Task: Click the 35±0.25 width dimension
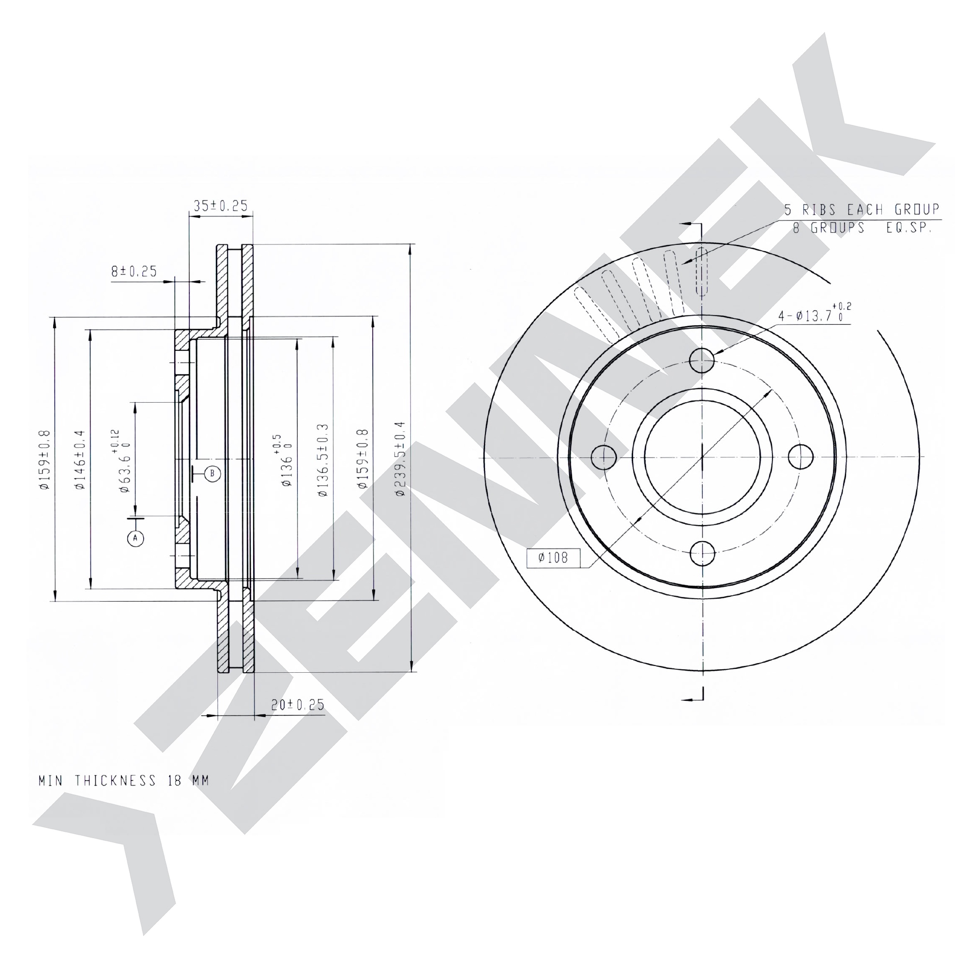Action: (221, 205)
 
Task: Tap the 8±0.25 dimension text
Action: (134, 271)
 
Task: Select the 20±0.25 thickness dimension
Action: (298, 704)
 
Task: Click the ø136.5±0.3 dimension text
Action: (323, 460)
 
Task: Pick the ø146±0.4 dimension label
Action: (80, 459)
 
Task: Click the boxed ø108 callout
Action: (553, 558)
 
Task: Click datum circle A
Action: (136, 538)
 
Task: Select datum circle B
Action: (212, 473)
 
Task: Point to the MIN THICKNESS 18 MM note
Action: (124, 781)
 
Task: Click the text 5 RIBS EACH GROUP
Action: (862, 210)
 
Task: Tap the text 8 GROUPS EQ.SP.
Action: (862, 228)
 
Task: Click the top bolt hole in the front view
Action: (702, 360)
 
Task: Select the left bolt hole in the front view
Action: (604, 457)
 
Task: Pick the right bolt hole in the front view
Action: (801, 456)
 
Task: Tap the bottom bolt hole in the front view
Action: (702, 554)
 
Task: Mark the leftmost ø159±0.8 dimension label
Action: (45, 459)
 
